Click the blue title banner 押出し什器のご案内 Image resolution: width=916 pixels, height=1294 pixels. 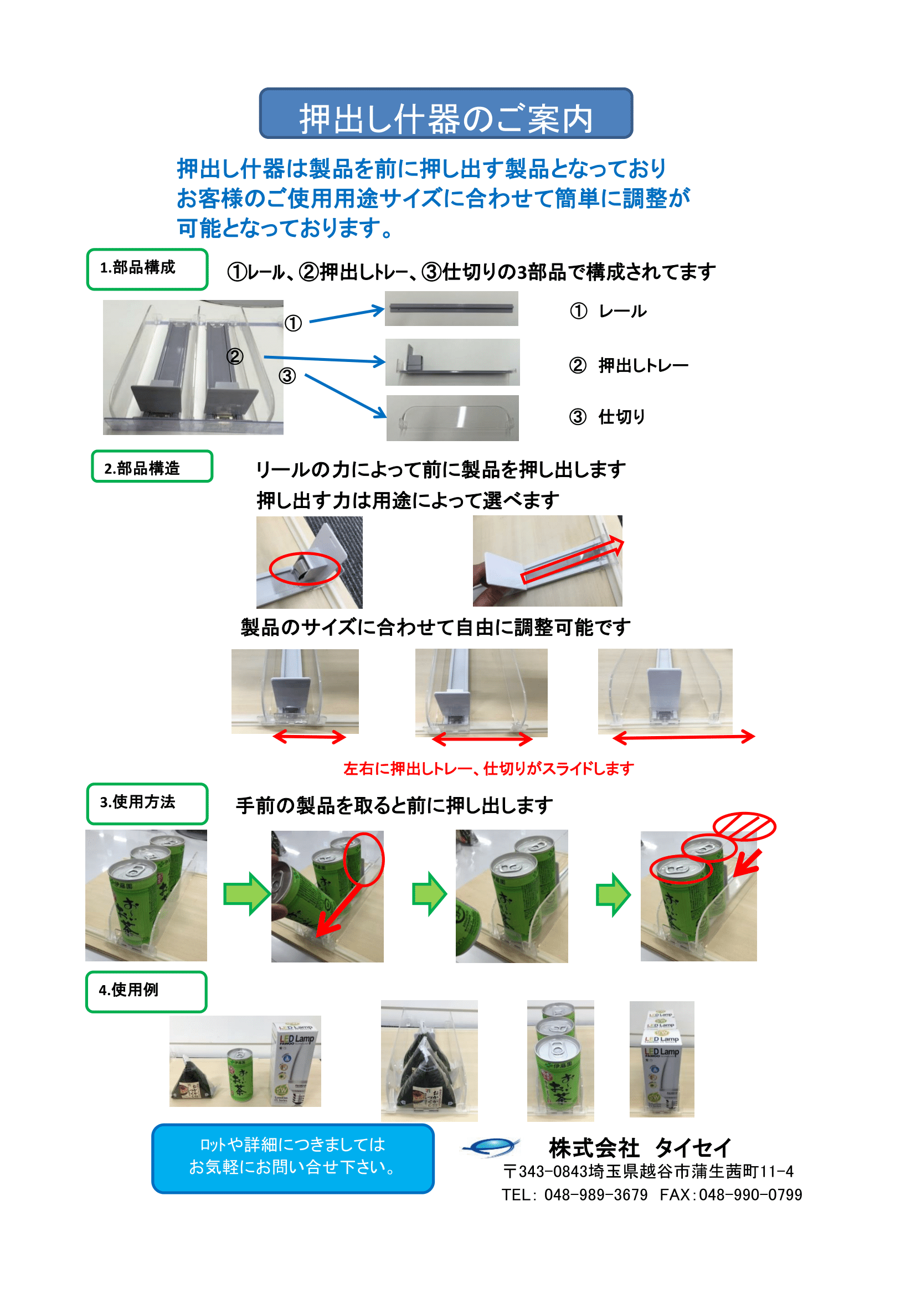click(446, 113)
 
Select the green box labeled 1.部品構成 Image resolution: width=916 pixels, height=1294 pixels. click(147, 270)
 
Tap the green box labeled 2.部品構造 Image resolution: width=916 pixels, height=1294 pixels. click(152, 466)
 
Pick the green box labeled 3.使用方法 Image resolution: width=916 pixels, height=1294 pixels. click(147, 804)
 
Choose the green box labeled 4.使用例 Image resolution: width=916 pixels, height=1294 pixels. click(146, 992)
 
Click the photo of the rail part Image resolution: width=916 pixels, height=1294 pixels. click(451, 308)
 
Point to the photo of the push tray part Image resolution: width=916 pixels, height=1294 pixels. click(452, 362)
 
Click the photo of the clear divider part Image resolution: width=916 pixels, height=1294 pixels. click(452, 418)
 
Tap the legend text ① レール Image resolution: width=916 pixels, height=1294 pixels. click(608, 311)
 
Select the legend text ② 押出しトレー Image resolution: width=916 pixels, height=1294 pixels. click(629, 365)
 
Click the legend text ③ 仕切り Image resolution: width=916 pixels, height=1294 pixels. click(607, 417)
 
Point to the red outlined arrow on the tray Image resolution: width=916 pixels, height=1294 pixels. click(573, 560)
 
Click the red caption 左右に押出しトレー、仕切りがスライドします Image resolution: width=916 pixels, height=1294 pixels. click(488, 768)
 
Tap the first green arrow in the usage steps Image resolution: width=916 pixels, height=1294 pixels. click(247, 894)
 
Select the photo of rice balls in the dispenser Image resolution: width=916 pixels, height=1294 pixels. click(429, 1060)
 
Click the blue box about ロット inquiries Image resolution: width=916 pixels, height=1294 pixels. click(293, 1158)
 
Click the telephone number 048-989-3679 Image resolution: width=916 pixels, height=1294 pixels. click(596, 1195)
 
